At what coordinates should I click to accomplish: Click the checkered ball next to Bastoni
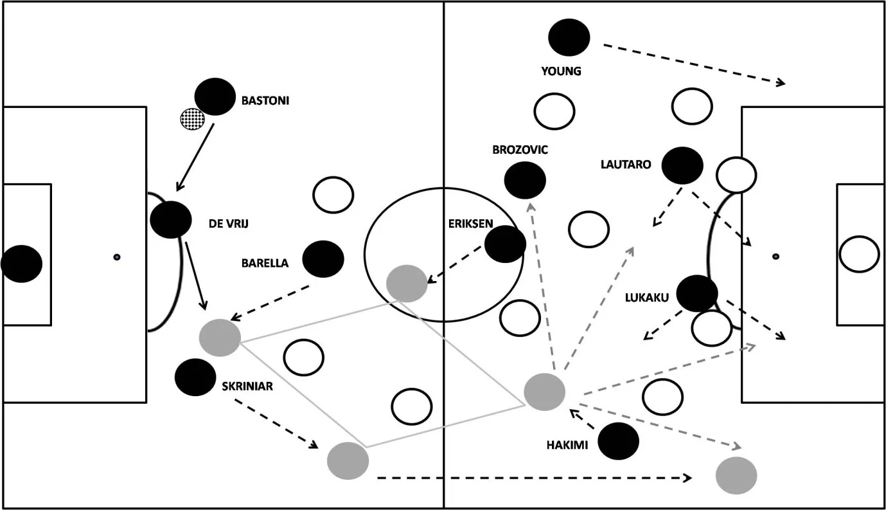(x=192, y=118)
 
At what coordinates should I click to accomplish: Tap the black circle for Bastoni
(x=215, y=97)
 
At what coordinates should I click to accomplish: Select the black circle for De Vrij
(x=170, y=219)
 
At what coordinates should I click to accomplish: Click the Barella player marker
(x=323, y=259)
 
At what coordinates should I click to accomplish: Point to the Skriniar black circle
(x=195, y=378)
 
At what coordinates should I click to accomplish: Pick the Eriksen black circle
(x=505, y=244)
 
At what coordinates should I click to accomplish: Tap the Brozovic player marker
(x=525, y=180)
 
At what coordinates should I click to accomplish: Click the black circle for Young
(x=569, y=37)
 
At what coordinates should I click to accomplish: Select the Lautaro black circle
(x=682, y=165)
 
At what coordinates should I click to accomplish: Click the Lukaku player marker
(x=697, y=293)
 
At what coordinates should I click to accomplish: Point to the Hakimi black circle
(x=618, y=441)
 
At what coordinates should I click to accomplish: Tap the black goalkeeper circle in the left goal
(x=22, y=264)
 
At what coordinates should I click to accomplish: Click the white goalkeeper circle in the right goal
(x=858, y=254)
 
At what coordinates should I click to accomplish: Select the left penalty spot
(x=117, y=257)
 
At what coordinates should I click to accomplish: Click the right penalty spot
(x=775, y=256)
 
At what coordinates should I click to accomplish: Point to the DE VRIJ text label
(x=229, y=224)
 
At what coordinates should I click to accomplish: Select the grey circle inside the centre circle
(x=407, y=284)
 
